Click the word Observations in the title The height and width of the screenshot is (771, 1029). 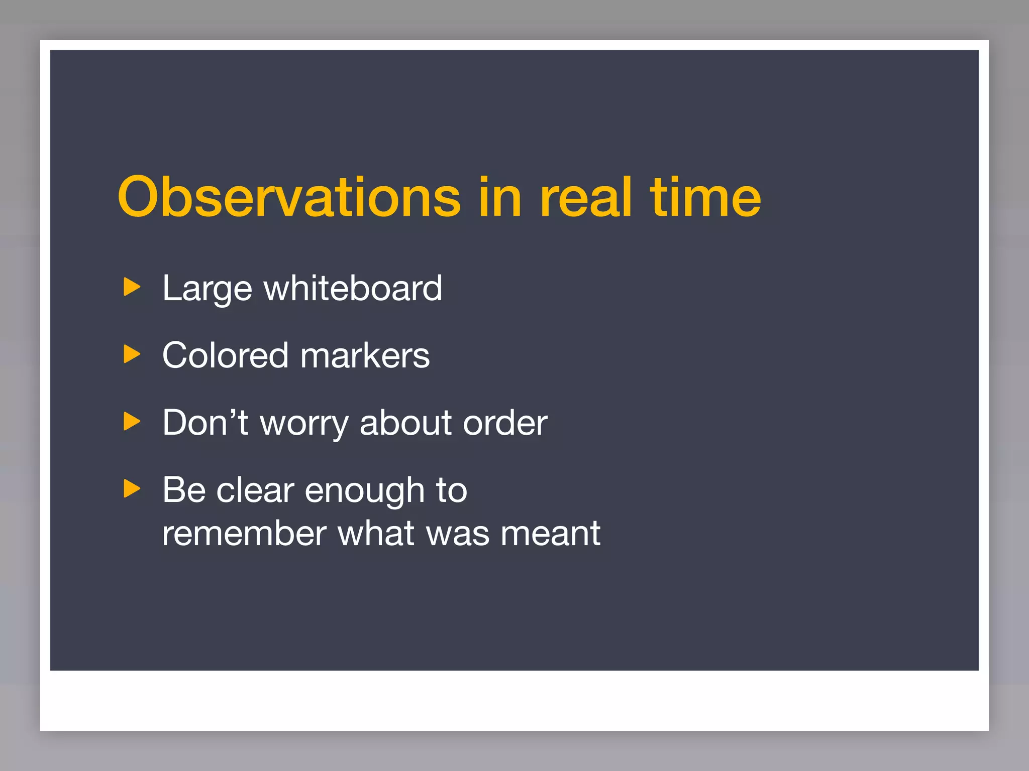pyautogui.click(x=289, y=197)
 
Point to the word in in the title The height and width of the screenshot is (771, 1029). pyautogui.click(x=499, y=197)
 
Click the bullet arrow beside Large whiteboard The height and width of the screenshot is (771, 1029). pyautogui.click(x=132, y=287)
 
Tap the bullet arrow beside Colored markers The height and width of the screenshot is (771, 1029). pyautogui.click(x=132, y=354)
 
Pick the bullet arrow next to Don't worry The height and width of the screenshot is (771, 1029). pyautogui.click(x=132, y=422)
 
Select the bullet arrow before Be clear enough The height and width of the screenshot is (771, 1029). pyautogui.click(x=132, y=489)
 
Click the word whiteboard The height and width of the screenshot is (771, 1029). pyautogui.click(x=353, y=288)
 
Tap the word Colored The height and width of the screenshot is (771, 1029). pyautogui.click(x=225, y=355)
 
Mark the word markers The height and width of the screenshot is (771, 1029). pyautogui.click(x=365, y=355)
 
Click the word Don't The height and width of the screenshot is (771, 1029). pyautogui.click(x=205, y=423)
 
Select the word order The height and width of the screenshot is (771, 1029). pyautogui.click(x=505, y=423)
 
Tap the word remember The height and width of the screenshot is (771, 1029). pyautogui.click(x=244, y=533)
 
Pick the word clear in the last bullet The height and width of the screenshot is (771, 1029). pyautogui.click(x=255, y=490)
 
